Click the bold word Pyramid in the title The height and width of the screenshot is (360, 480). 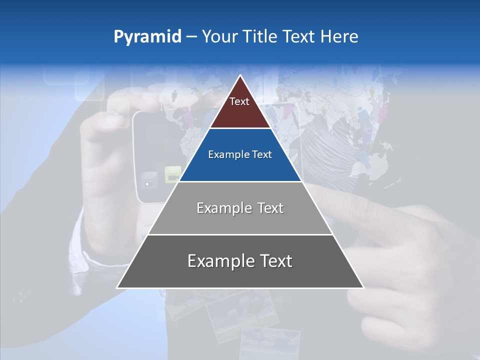click(147, 37)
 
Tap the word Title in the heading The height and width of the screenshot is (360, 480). click(261, 37)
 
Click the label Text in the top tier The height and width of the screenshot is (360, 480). click(239, 102)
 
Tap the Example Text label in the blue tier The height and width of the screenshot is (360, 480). click(240, 155)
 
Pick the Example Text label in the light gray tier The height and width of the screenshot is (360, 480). click(240, 208)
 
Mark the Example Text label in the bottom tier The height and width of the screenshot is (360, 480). click(240, 261)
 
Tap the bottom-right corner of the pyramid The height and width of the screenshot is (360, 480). click(363, 287)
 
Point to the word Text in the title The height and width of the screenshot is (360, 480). click(298, 37)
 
